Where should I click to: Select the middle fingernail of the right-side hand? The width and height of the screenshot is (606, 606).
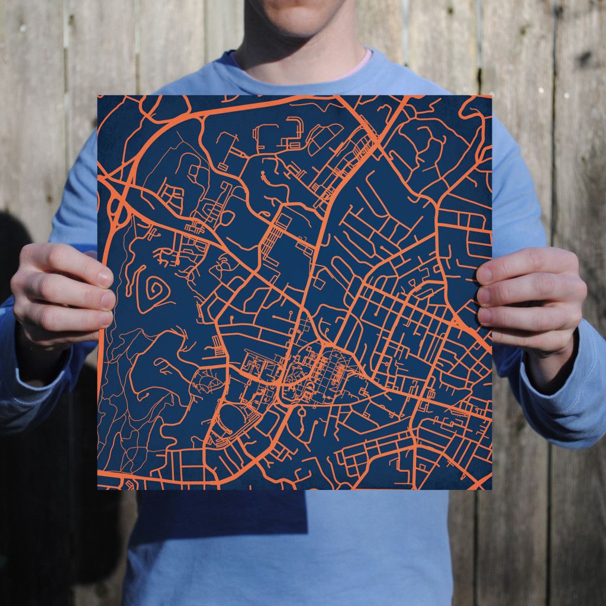(x=484, y=295)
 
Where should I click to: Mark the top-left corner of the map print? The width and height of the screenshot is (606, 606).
(x=98, y=96)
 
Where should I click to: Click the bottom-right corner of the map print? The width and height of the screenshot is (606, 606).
(x=491, y=489)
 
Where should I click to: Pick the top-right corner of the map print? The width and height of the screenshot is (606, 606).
(x=491, y=96)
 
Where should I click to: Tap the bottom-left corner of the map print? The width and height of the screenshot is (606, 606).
(x=98, y=489)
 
